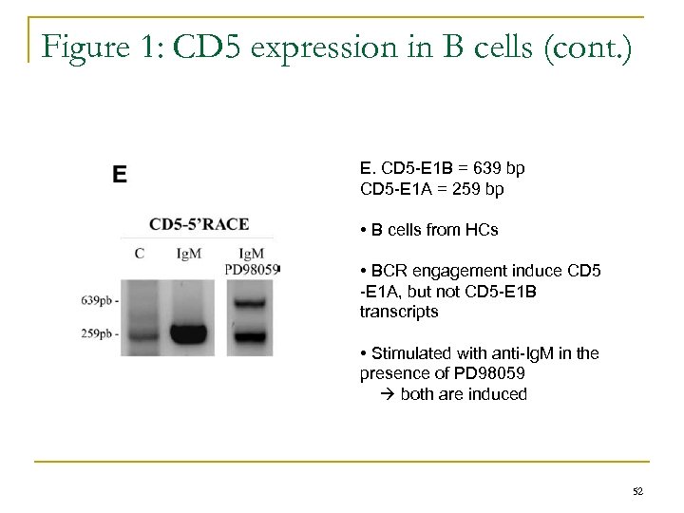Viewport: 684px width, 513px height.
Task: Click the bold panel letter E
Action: tap(121, 174)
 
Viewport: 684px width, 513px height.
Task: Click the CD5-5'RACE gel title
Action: tap(199, 224)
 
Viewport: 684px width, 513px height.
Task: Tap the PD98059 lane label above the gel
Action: tap(251, 269)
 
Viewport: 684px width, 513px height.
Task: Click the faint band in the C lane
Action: tap(141, 334)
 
